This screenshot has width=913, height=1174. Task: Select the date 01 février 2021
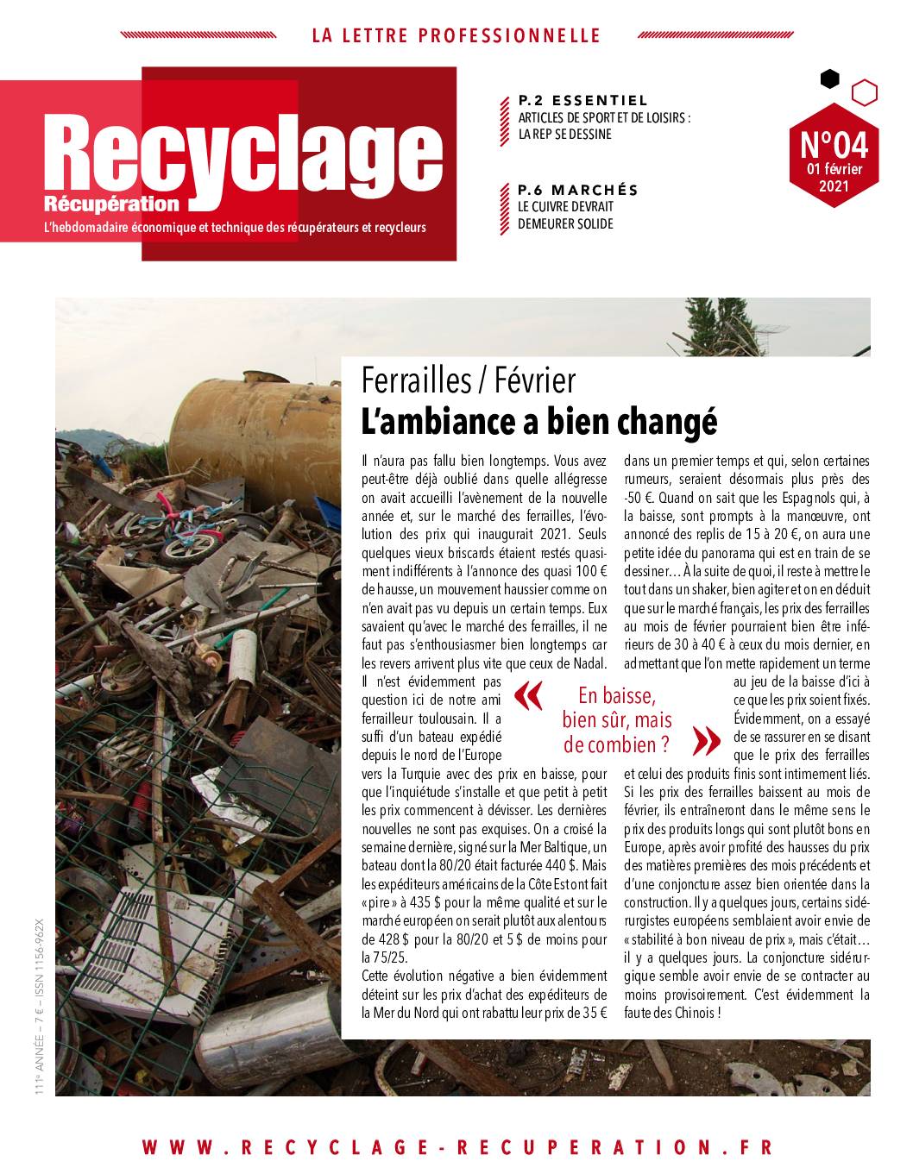click(834, 177)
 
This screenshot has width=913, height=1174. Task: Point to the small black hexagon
click(829, 78)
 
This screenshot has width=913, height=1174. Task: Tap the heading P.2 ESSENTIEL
click(582, 100)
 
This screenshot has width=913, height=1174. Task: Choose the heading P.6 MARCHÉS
click(578, 190)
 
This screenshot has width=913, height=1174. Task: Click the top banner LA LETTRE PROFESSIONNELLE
click(456, 35)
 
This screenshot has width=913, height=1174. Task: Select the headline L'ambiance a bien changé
click(539, 422)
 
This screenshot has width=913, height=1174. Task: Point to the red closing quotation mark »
click(705, 739)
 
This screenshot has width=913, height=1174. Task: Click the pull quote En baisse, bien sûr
click(617, 719)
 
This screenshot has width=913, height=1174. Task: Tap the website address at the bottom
click(456, 1146)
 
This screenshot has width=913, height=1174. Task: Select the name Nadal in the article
click(589, 663)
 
